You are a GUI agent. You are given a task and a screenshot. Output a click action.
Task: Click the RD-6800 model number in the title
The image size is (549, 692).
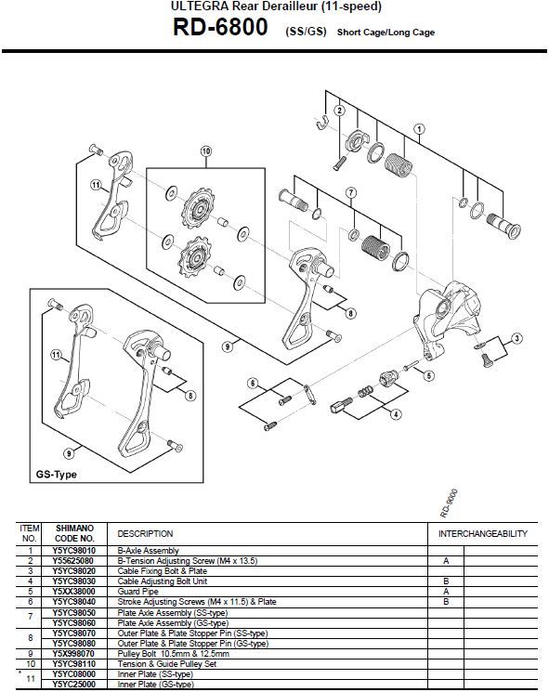point(220,27)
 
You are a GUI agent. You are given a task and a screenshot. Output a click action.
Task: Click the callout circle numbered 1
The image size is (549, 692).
point(419,129)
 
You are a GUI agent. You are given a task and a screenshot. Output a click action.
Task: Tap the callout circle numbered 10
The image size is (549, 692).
point(206,151)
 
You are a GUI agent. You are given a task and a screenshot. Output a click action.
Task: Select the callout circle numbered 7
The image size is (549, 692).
point(351,193)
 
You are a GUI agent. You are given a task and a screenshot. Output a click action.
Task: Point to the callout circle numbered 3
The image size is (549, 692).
point(516,338)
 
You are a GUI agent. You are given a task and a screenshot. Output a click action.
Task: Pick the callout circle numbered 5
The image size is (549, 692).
point(428,375)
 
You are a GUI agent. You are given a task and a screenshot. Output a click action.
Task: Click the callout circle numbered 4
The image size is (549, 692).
point(396,414)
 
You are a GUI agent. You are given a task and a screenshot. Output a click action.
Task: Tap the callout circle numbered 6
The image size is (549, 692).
point(253,383)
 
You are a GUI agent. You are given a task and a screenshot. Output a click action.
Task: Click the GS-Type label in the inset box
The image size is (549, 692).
point(56,475)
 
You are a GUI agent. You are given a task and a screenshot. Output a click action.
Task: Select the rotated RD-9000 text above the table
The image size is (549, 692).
point(449,503)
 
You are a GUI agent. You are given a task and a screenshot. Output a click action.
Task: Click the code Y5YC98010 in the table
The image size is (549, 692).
point(73,550)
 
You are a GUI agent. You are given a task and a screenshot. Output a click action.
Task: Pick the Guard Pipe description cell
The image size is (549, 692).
point(137,592)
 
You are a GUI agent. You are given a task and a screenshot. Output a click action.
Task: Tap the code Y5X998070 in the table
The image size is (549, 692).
point(73,654)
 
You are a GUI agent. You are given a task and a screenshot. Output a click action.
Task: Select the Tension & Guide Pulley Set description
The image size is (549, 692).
point(167,664)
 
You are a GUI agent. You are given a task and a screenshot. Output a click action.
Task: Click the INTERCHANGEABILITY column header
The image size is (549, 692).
point(483,533)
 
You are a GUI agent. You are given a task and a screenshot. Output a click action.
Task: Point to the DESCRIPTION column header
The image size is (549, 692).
point(145,533)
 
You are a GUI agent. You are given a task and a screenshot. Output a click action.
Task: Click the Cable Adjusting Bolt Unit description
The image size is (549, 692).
point(162,581)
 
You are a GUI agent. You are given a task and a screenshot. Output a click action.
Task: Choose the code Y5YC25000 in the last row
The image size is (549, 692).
point(73,684)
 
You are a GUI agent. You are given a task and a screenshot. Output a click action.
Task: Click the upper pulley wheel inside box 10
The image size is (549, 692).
point(198,208)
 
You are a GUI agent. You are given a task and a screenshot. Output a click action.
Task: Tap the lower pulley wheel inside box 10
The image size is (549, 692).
point(195,256)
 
